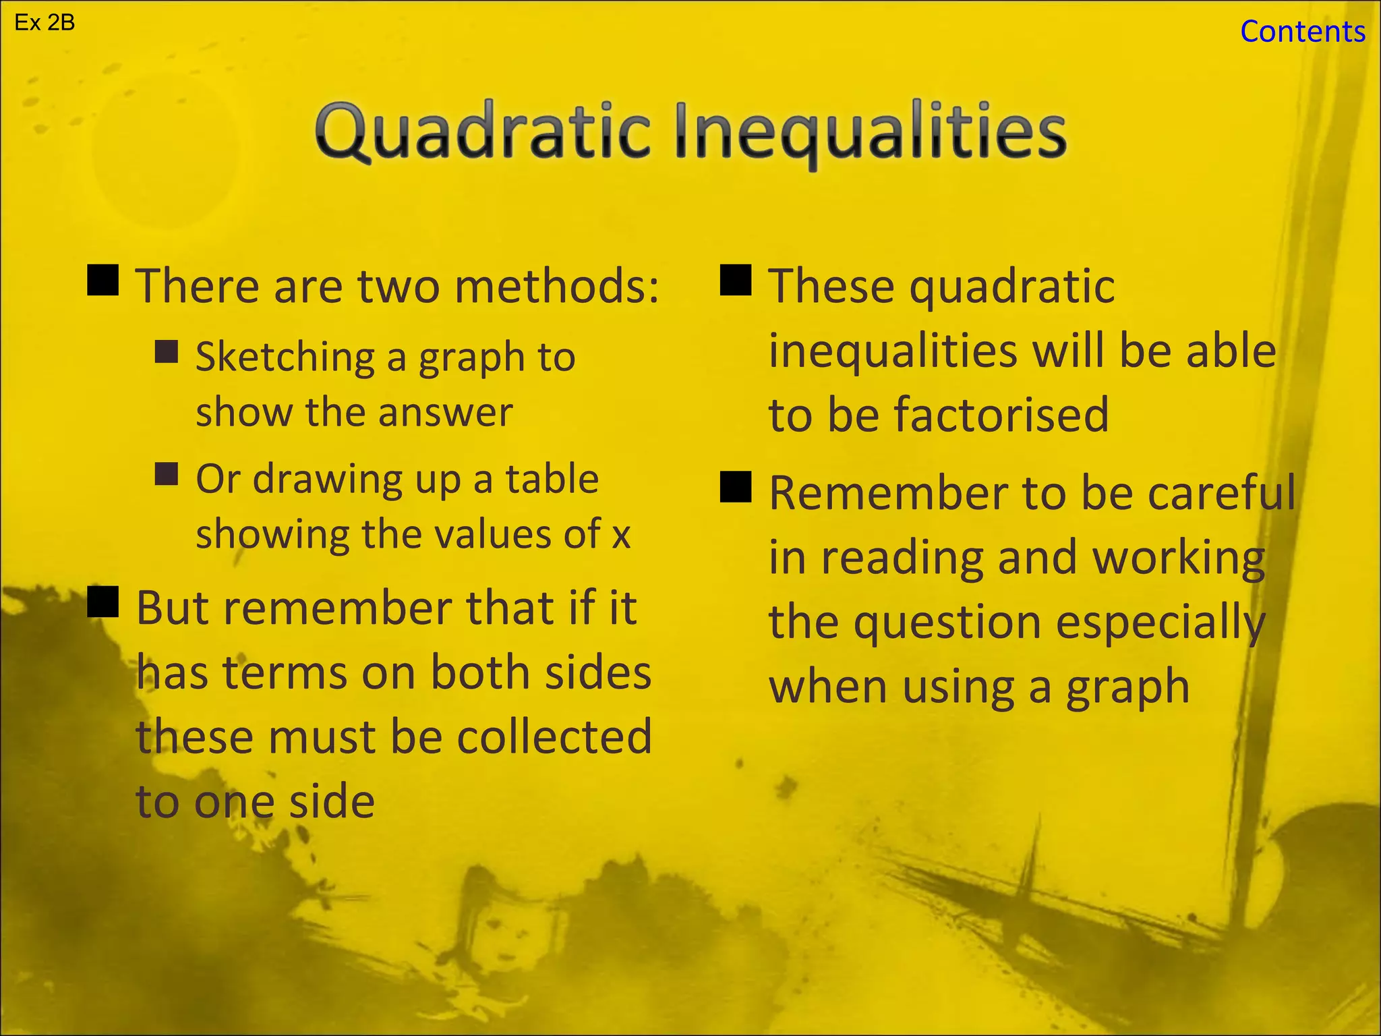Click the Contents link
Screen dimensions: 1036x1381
1302,32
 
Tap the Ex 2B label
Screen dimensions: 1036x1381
45,24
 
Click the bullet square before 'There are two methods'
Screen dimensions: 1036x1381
103,280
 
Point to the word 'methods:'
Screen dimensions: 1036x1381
556,286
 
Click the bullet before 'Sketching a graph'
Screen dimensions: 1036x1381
167,351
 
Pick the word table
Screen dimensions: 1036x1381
552,479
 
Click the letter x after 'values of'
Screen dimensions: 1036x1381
621,535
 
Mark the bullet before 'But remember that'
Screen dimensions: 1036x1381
103,602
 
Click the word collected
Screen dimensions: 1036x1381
554,737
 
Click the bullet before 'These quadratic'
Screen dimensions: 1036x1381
736,280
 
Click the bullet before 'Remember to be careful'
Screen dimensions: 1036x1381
736,487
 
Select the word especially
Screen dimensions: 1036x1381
1160,623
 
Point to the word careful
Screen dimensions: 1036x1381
1222,492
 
